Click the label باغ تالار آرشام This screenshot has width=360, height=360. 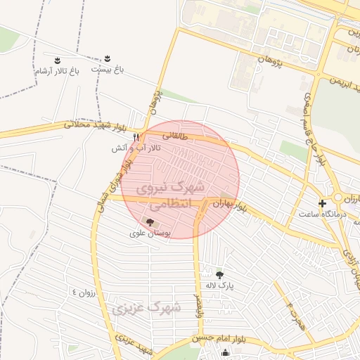point(58,71)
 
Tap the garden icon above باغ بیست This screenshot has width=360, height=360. point(107,58)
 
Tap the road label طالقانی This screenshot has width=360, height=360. point(174,134)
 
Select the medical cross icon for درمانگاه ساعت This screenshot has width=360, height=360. point(323,204)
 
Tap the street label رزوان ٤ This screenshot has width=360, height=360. point(82,291)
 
